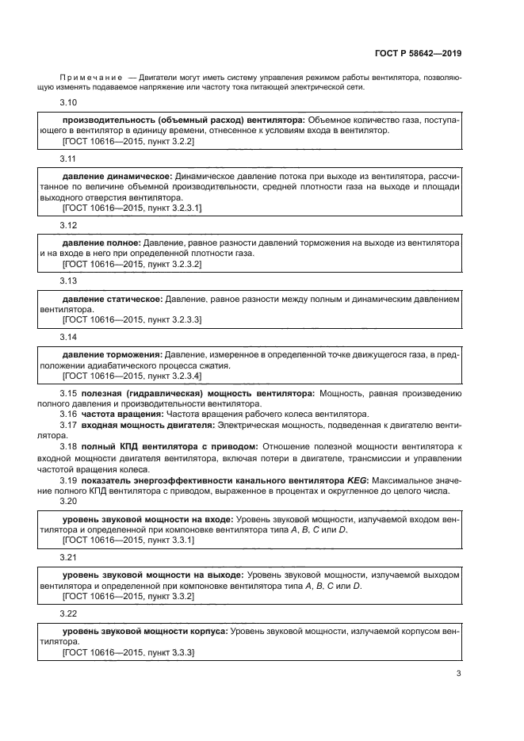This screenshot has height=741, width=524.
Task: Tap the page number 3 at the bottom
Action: click(458, 674)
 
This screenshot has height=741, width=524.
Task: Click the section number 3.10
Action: click(69, 103)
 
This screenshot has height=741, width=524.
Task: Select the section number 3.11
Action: click(69, 159)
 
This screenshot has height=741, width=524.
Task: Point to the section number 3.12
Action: click(69, 225)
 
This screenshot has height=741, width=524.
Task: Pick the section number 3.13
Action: click(69, 281)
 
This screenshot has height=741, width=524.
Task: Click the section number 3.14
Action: click(69, 336)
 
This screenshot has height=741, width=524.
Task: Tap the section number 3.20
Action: click(69, 501)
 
